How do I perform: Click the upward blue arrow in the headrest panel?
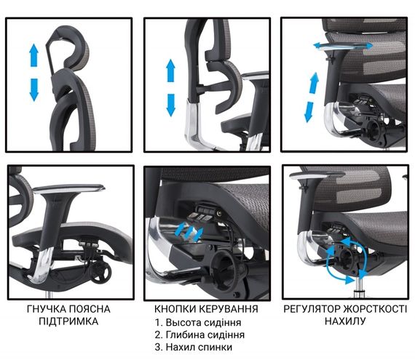click(x=33, y=55)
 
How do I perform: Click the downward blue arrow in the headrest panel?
click(x=33, y=90)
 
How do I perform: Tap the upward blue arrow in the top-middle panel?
click(x=170, y=71)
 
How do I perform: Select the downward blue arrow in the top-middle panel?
click(x=170, y=105)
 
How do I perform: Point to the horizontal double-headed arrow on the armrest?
click(x=343, y=46)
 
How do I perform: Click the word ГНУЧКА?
click(x=46, y=309)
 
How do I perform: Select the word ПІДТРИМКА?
click(x=68, y=321)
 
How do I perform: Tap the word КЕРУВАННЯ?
click(x=228, y=308)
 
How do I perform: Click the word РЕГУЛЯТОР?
click(x=312, y=308)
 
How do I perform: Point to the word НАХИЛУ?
click(x=345, y=321)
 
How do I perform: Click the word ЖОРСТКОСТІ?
click(x=375, y=308)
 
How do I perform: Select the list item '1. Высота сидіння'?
click(x=198, y=322)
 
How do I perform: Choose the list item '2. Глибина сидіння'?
click(x=199, y=335)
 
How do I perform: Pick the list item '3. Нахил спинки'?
click(x=194, y=347)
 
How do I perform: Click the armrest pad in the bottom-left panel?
click(x=69, y=188)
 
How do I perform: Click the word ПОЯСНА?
click(x=90, y=309)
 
